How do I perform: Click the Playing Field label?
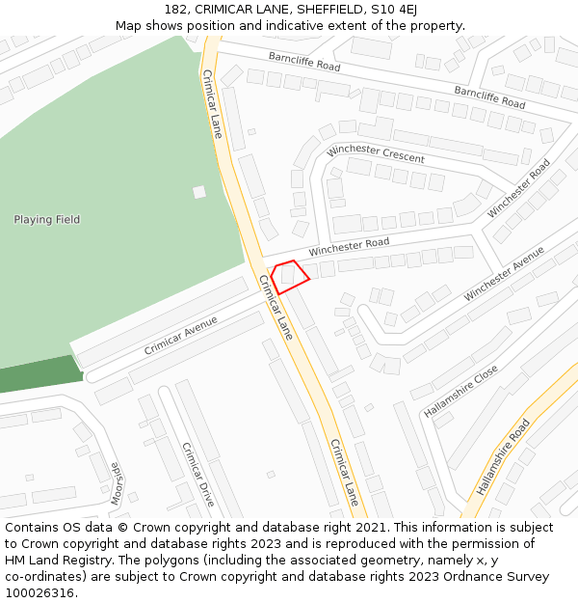[x=46, y=220]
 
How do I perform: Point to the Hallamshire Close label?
[x=460, y=391]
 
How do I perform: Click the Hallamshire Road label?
[x=503, y=457]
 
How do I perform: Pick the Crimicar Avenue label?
[x=180, y=335]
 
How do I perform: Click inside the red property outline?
[x=289, y=276]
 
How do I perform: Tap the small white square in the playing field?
[x=199, y=192]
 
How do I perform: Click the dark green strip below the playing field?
[x=39, y=375]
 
